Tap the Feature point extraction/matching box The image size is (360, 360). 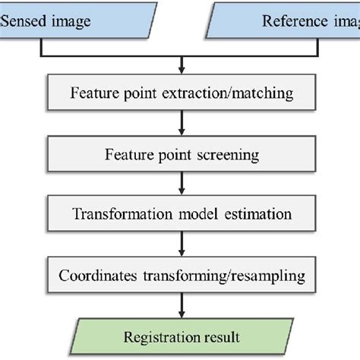(x=180, y=96)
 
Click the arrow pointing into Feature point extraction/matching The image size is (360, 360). (x=180, y=67)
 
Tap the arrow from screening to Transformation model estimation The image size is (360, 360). (x=180, y=184)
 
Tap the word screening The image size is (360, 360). (x=228, y=155)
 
